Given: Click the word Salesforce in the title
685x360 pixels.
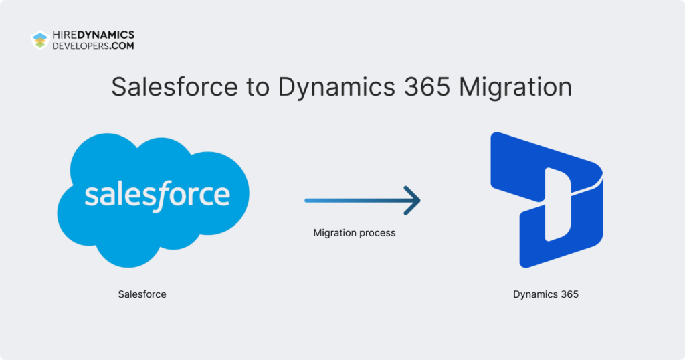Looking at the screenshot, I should point(174,88).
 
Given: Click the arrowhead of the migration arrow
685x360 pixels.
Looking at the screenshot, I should point(413,200).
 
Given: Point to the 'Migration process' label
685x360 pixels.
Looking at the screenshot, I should point(355,233).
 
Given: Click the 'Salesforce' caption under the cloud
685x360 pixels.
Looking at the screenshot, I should point(142,294).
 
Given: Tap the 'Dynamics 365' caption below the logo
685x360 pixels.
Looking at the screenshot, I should point(546,294).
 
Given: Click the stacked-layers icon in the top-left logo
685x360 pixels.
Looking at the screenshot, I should point(40,40).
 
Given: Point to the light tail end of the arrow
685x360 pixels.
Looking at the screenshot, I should point(309,200).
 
